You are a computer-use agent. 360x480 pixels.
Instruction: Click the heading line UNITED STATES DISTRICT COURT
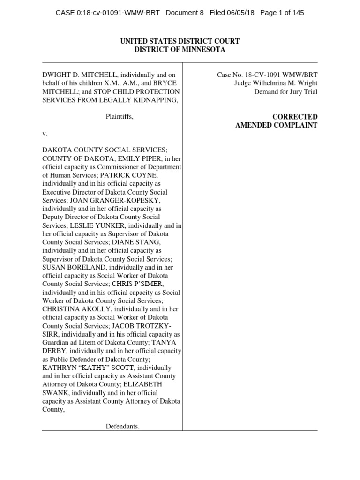180,41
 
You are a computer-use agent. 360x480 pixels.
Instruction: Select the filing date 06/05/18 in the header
239,13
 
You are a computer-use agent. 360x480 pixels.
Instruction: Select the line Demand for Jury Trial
285,92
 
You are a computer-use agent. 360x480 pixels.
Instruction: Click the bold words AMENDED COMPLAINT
276,125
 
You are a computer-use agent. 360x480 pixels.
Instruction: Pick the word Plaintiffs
120,117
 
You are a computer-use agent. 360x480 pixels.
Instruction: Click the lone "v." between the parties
45,134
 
